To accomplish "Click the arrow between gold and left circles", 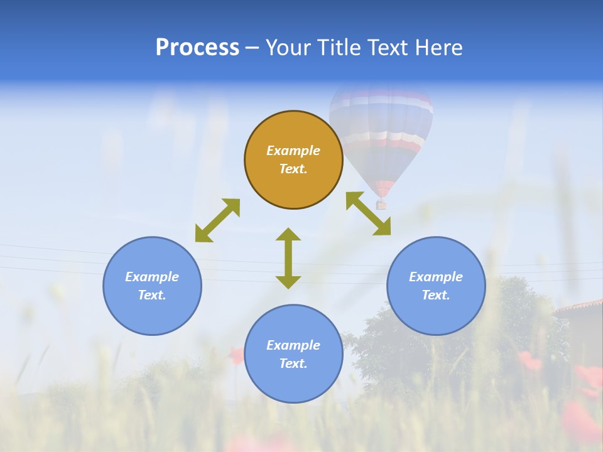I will [x=217, y=220].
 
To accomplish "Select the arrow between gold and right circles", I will [x=369, y=213].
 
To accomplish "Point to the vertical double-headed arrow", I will [x=288, y=259].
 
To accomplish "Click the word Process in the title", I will [x=197, y=48].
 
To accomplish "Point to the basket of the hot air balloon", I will [x=381, y=204].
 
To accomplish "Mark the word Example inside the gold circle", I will [x=293, y=151].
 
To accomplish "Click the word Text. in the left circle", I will [x=152, y=295].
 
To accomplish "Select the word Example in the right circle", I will [x=436, y=277].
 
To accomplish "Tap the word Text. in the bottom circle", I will [x=293, y=363].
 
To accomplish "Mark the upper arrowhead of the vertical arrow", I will [x=288, y=234].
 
